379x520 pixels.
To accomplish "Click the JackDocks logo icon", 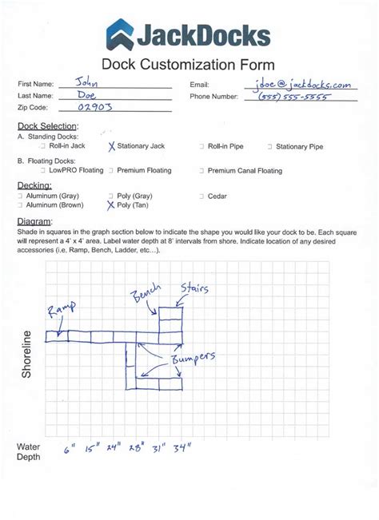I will [x=120, y=34].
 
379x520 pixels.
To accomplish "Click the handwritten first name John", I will [x=85, y=81].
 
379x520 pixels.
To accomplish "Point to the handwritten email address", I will [x=301, y=83].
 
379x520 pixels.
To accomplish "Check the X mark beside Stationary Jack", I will [x=111, y=146].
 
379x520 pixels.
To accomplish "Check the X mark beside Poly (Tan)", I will [x=111, y=204].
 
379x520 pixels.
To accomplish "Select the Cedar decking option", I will [x=217, y=196].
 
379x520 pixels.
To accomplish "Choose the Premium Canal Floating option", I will [x=245, y=170].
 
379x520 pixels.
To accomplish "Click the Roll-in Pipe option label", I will [x=227, y=147].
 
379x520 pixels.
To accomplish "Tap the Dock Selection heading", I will [x=47, y=126].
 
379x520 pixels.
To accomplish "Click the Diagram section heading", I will [x=34, y=220].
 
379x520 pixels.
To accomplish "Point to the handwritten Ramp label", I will [x=62, y=311].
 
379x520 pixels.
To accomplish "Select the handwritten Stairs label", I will [x=194, y=287].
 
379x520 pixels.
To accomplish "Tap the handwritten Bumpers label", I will [x=190, y=359].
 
